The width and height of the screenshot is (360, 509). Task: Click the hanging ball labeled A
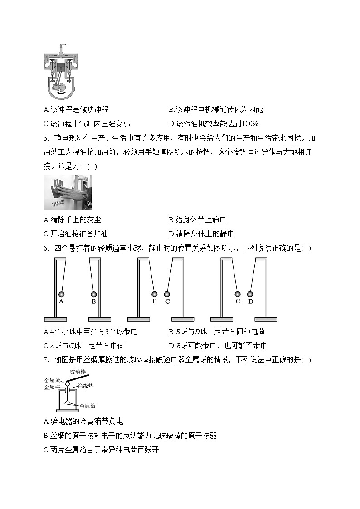pyautogui.click(x=61, y=294)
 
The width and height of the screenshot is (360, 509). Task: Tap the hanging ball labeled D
pyautogui.click(x=250, y=294)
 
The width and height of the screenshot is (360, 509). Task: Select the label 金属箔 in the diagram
pyautogui.click(x=87, y=406)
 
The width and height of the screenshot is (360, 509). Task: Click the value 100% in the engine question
pyautogui.click(x=250, y=123)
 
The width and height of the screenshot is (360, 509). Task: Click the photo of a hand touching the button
pyautogui.click(x=67, y=193)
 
